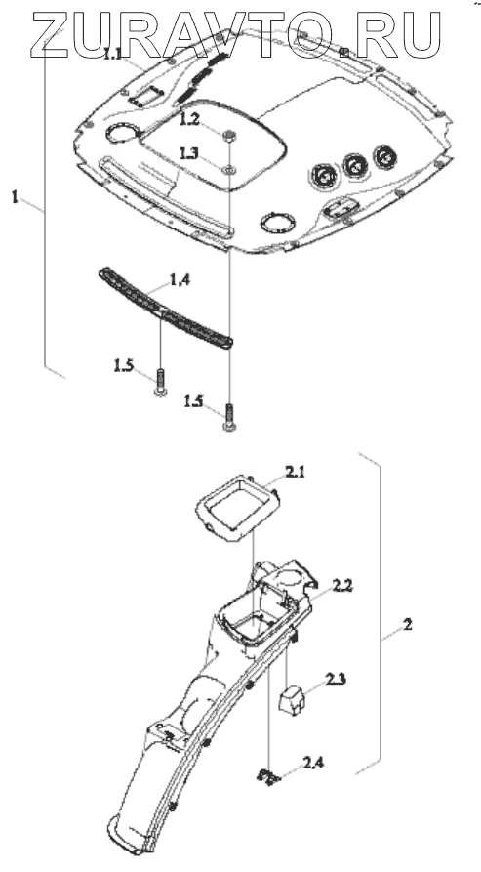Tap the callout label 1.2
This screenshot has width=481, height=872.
tap(189, 120)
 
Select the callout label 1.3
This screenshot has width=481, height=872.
tap(189, 153)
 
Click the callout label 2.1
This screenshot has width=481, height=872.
tap(296, 473)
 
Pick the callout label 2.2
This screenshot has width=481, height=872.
tap(342, 585)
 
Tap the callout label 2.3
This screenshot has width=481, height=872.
tap(336, 679)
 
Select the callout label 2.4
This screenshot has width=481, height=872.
tap(313, 763)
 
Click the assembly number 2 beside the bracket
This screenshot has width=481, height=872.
tap(408, 625)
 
